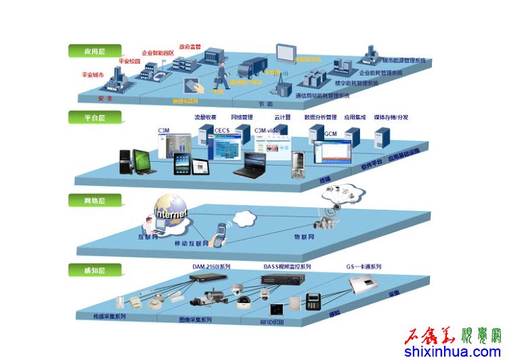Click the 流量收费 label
[x=205, y=117]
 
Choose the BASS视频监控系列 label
[x=287, y=267]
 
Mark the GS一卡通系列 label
[x=364, y=267]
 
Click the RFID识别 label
[x=272, y=321]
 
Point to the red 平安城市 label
[x=93, y=74]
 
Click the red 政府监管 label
[x=190, y=47]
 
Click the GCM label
[x=330, y=133]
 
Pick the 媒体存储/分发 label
[x=391, y=117]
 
